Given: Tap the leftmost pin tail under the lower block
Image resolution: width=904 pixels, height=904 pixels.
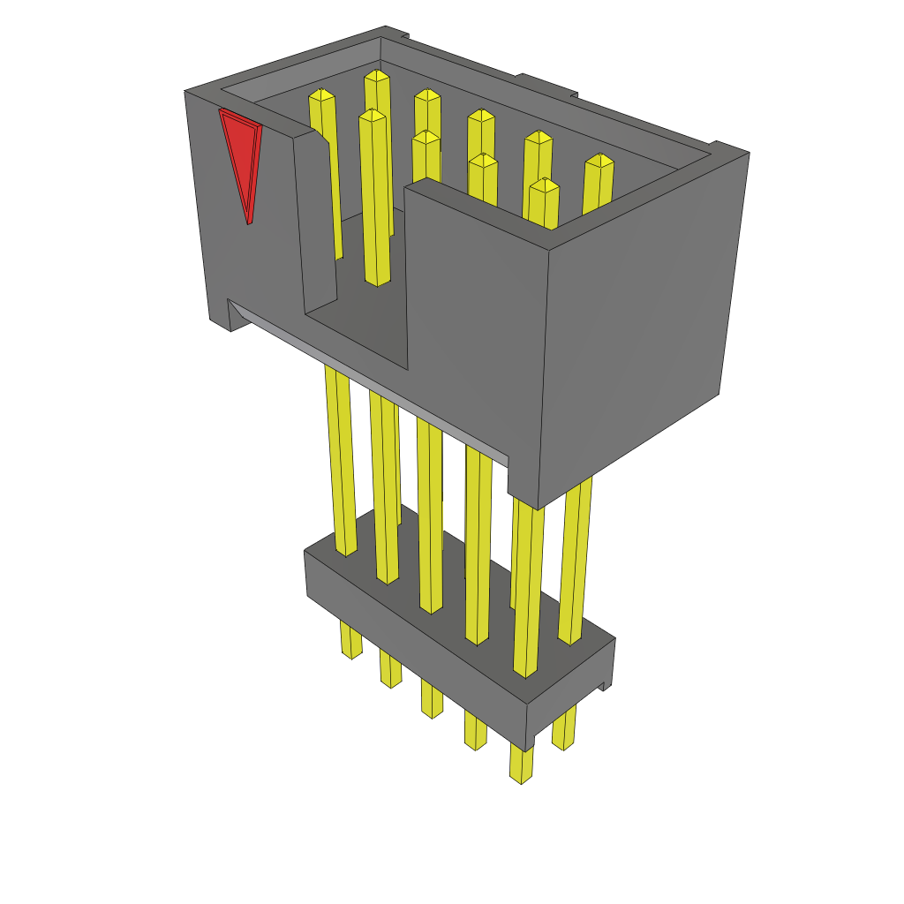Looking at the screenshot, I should [350, 640].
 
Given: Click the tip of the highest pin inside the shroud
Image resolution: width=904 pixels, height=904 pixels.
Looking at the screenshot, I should [377, 76].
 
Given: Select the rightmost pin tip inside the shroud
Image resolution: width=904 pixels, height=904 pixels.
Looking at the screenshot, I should [599, 160].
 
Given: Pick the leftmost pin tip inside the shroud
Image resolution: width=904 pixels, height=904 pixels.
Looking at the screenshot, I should [321, 94].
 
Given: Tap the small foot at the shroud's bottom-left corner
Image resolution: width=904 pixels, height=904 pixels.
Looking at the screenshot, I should [221, 322].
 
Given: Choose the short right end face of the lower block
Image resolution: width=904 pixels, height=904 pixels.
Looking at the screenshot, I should [569, 693].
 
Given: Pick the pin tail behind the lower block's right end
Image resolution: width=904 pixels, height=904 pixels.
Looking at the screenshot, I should [564, 728].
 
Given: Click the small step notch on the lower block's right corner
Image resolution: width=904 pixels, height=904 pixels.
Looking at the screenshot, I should [605, 685].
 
